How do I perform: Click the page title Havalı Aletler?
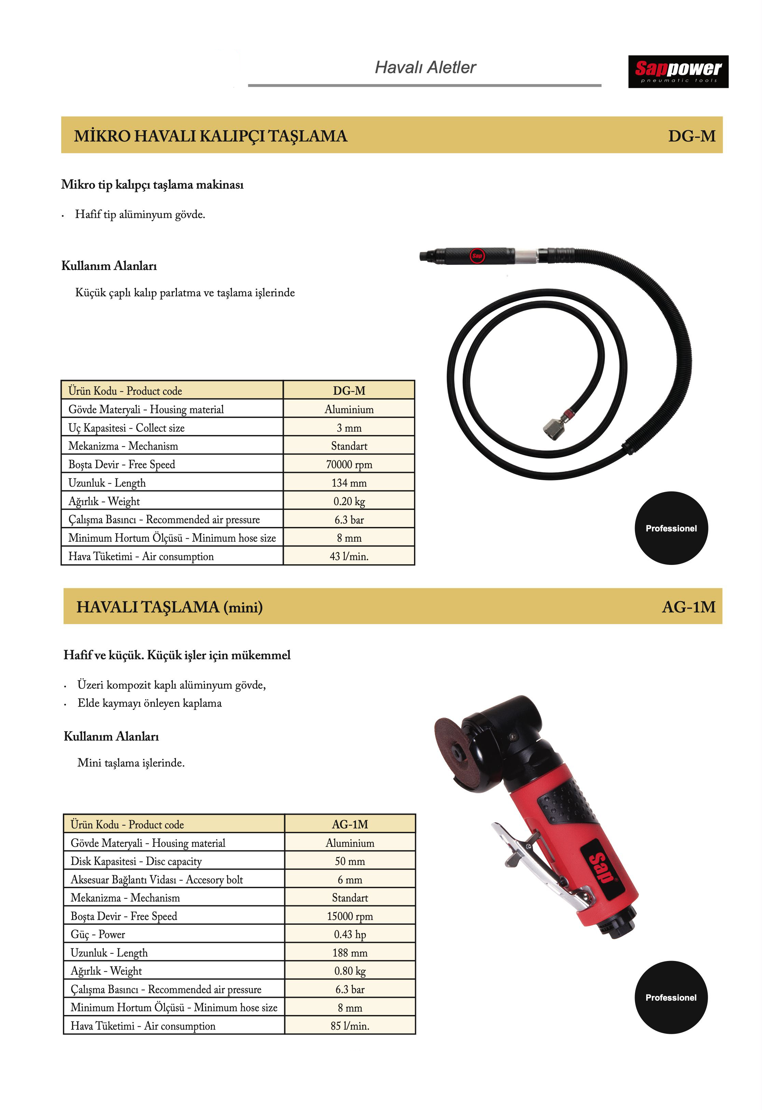pos(425,67)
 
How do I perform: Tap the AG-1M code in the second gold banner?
pos(689,607)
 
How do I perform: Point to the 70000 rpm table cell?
pos(349,464)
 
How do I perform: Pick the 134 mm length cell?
pos(349,483)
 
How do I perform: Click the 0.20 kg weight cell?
pos(349,501)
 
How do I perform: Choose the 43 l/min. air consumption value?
pos(349,556)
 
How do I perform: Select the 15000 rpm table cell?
pos(350,916)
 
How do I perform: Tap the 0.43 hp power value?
pos(350,934)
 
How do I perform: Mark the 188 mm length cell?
pos(350,953)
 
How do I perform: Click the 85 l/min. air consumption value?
pos(350,1026)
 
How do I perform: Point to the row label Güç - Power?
pos(98,934)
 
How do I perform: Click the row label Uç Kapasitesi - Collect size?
pos(126,428)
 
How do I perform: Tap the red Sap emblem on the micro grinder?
pos(476,256)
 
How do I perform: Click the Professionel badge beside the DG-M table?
pos(671,528)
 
